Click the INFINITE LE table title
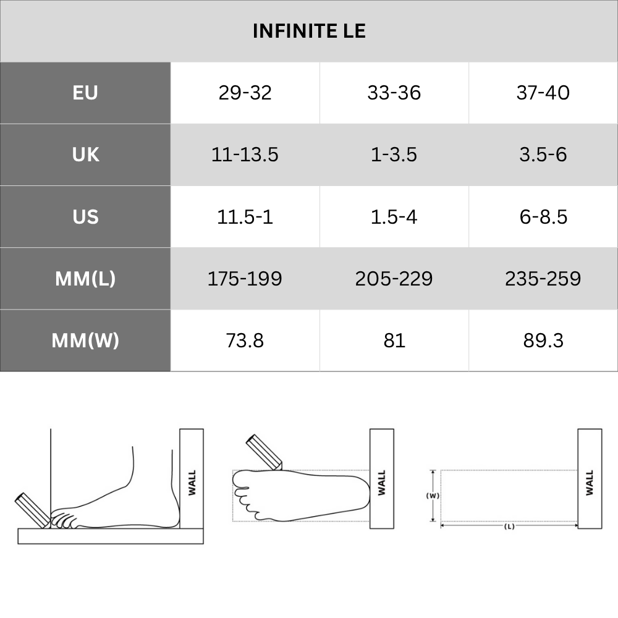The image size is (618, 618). pos(309,31)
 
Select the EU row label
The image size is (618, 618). pos(85,93)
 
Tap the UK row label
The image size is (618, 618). pos(85,154)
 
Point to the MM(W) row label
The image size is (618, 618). pos(85,340)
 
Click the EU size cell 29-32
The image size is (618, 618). pos(245,93)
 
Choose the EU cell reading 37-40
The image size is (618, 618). pos(543,93)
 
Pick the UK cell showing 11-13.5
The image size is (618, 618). pos(245,154)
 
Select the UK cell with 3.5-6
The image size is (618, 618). pos(543,154)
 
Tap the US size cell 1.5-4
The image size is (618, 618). pos(394,216)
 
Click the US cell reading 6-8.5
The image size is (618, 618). pos(543,216)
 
